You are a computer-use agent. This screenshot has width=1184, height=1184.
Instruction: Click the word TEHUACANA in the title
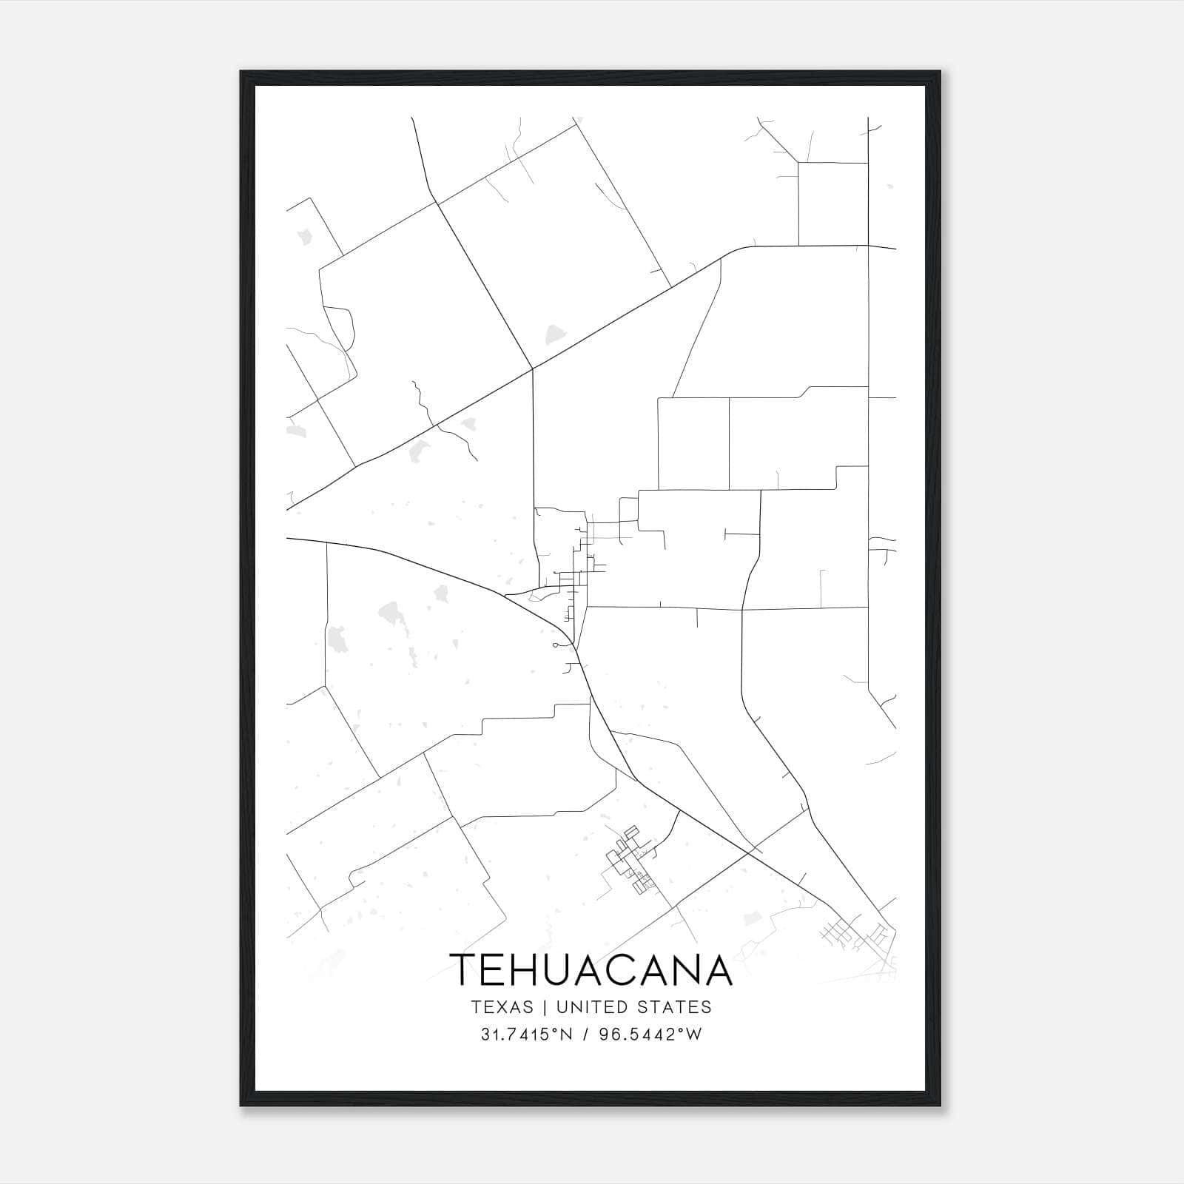point(591,970)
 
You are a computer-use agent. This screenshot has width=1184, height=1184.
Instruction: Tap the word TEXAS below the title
point(502,1007)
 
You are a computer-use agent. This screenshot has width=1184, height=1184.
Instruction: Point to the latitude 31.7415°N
point(526,1035)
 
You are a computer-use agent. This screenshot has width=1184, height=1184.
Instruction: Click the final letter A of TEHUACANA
point(715,970)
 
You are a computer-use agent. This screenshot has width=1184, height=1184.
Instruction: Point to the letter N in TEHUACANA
point(681,970)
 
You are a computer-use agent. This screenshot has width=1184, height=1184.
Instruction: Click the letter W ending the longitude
point(693,1035)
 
